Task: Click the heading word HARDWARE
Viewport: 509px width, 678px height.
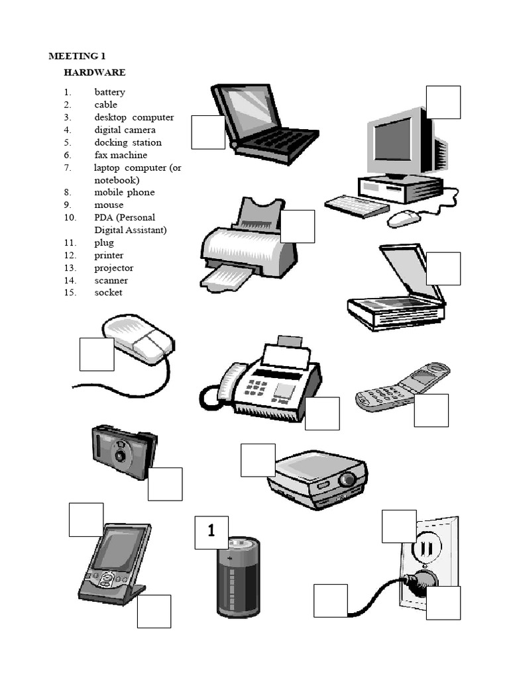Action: tap(94, 72)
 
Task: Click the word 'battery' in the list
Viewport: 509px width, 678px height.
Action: tap(109, 92)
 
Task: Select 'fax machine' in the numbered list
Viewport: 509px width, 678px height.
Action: tap(121, 155)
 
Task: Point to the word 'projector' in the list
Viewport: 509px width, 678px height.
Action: tap(113, 268)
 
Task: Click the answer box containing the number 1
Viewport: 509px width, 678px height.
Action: tap(211, 532)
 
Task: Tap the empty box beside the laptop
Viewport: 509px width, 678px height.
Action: tap(208, 132)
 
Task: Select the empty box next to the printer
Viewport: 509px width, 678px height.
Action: tap(298, 226)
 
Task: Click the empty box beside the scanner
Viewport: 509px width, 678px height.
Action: tap(443, 268)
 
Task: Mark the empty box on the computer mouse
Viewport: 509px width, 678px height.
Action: tap(97, 354)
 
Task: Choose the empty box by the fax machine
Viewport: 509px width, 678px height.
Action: tap(322, 413)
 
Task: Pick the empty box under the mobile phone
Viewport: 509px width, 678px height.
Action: tap(431, 411)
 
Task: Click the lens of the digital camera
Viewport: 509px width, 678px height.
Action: tap(120, 456)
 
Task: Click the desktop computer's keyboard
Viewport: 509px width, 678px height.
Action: tap(356, 205)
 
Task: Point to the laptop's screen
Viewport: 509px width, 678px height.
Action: tap(250, 107)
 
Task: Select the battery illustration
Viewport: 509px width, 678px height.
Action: tap(239, 576)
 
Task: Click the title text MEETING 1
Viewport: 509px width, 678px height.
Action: tap(77, 56)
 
